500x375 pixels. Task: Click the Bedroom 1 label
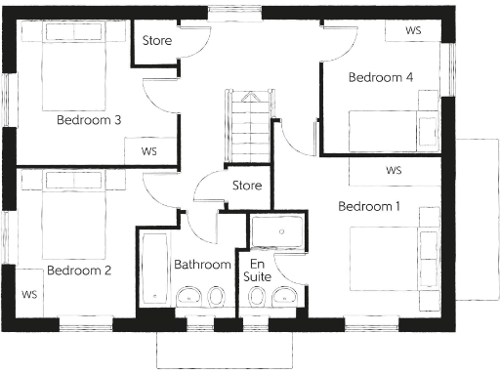coord(369,206)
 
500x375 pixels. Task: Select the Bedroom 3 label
coord(88,121)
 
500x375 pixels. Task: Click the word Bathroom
coord(202,265)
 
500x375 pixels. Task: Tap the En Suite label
coord(258,271)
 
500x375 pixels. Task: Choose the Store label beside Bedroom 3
coord(157,41)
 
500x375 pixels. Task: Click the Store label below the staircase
coord(247,186)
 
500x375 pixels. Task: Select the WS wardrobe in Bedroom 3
coord(149,151)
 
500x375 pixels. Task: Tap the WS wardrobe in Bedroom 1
coord(395,170)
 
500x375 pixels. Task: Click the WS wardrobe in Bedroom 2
coord(29,293)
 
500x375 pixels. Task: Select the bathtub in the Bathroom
coord(154,269)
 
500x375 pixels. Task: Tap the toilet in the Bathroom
coord(187,296)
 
